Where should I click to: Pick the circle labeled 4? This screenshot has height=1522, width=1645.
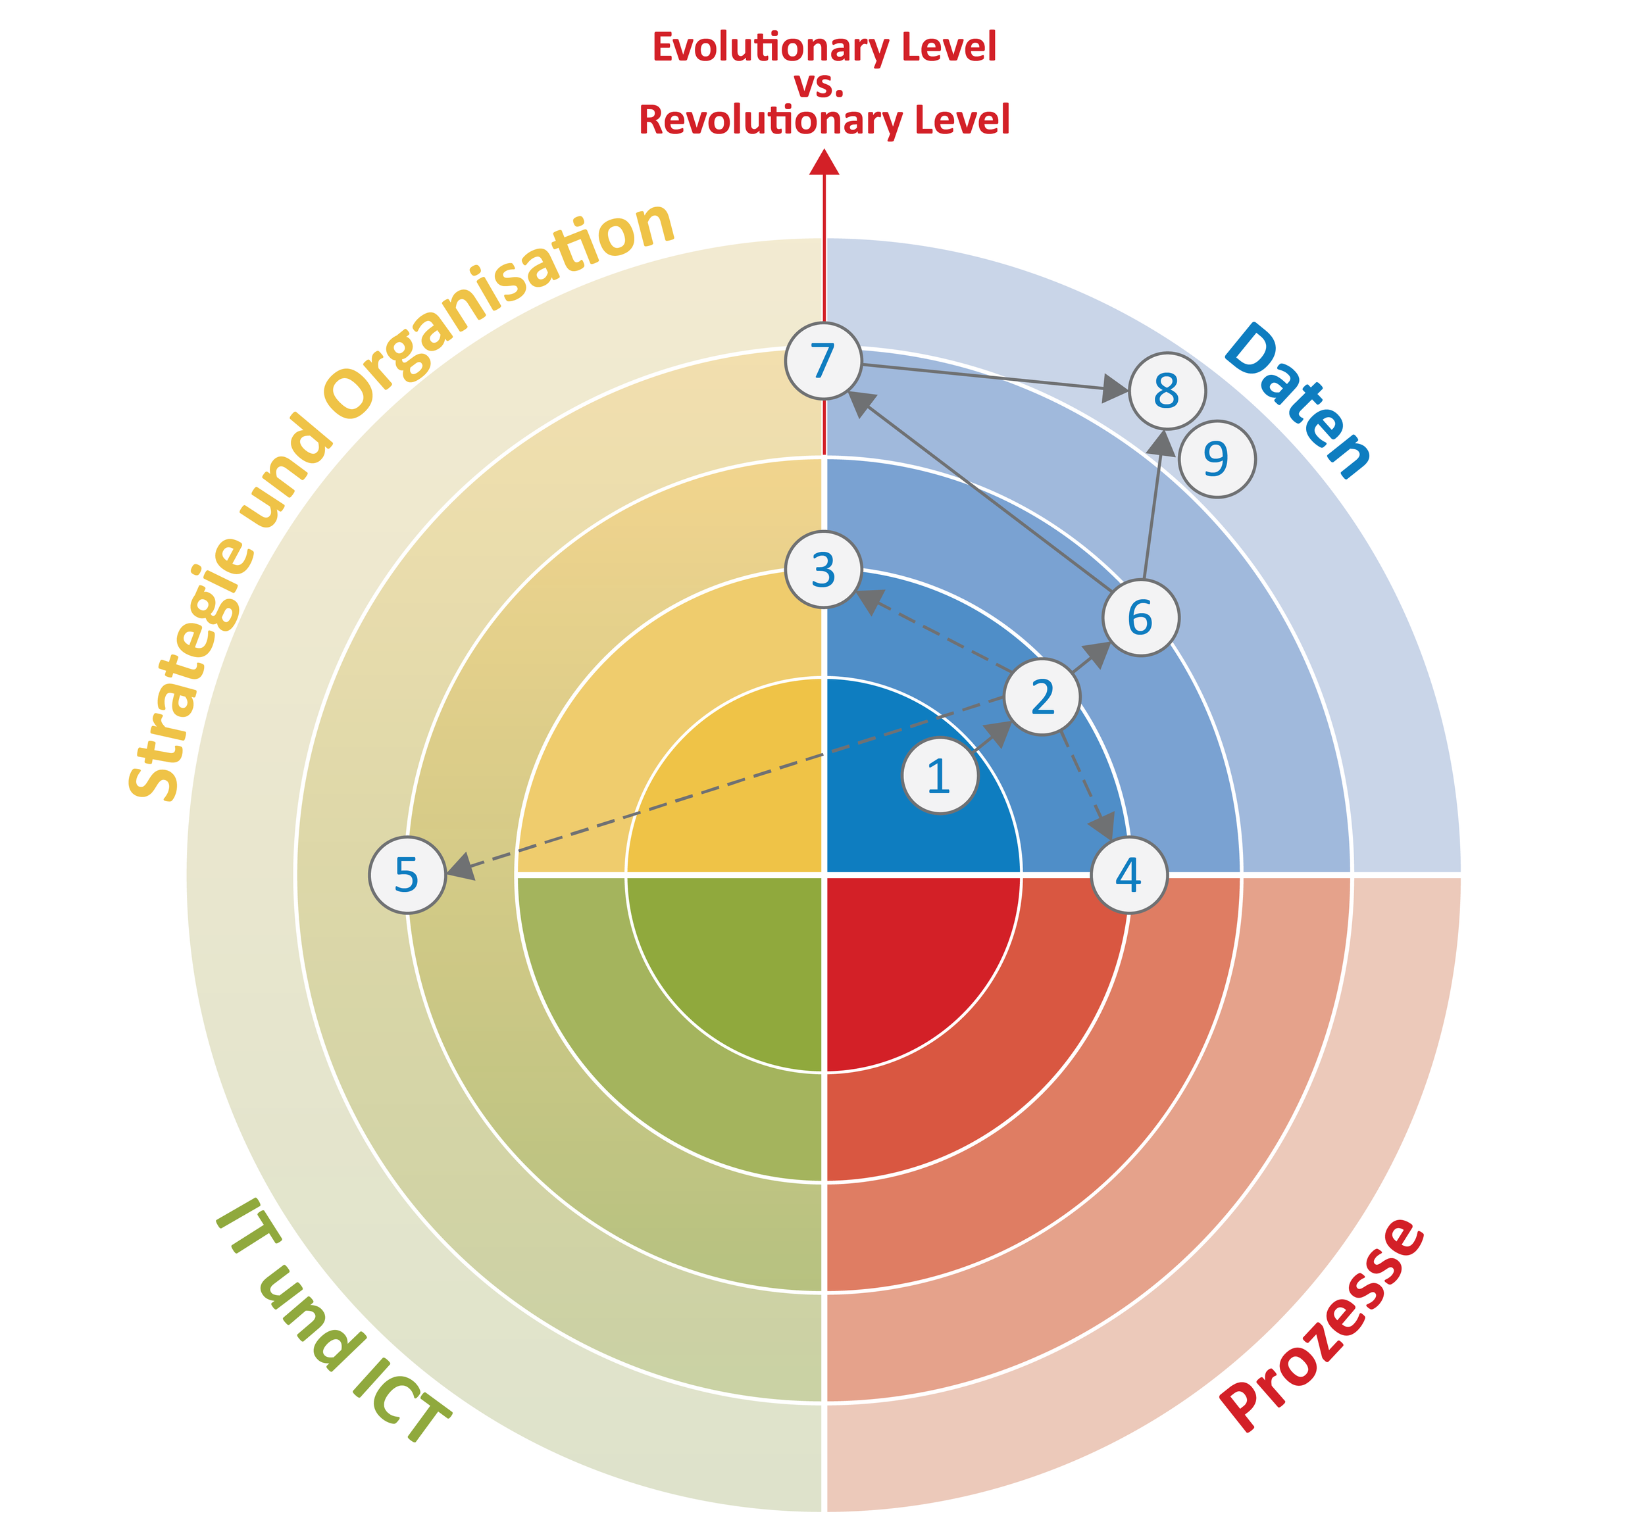click(1128, 875)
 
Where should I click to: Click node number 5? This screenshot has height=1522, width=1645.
click(407, 875)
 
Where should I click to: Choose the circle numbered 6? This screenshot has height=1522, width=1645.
click(1140, 618)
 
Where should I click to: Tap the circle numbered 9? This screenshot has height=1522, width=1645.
click(1217, 458)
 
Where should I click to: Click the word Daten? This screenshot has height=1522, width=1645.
click(1298, 401)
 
